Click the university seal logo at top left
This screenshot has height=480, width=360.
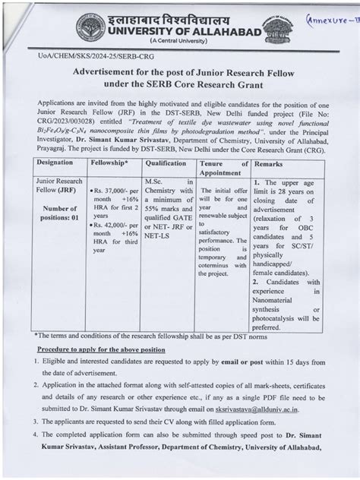pos(90,27)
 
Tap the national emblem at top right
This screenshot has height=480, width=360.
pos(273,27)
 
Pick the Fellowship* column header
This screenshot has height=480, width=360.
pos(109,163)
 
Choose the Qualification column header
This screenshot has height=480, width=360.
pos(166,163)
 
